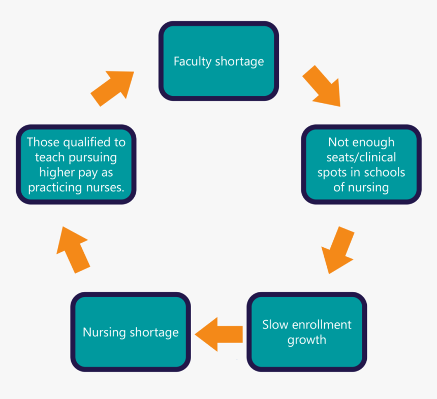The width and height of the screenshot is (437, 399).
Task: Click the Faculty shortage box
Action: [x=218, y=61]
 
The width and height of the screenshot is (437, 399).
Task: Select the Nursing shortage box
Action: [x=131, y=332]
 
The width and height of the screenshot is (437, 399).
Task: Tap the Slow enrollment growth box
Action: [x=306, y=332]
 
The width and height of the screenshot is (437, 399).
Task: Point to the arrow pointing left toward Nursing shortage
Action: [x=218, y=334]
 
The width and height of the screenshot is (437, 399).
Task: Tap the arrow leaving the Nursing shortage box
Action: [x=73, y=249]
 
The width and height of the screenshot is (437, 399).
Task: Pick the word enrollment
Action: [x=321, y=324]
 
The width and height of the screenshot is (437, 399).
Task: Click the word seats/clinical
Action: [x=361, y=157]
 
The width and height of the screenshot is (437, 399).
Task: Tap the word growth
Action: [x=306, y=340]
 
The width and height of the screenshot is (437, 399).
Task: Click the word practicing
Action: [x=56, y=188]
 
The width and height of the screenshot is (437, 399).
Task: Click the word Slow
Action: [x=274, y=324]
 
